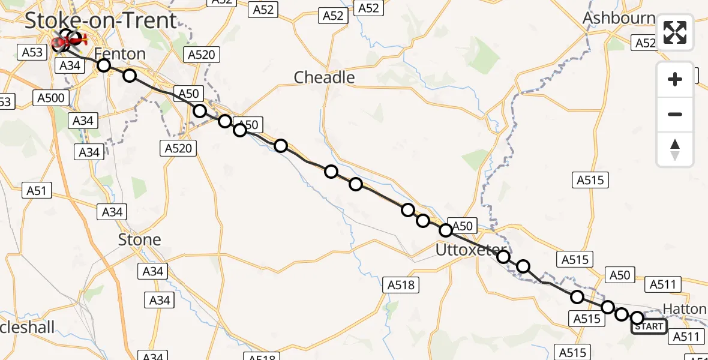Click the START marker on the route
pos(649,326)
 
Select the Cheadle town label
pos(324,77)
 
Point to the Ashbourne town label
pos(619,18)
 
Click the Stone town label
pos(139,240)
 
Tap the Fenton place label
pos(120,54)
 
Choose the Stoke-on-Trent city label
pos(101,20)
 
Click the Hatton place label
pos(686,309)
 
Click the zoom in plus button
pos(675,79)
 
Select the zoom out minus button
pos(675,114)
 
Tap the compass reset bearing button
pos(675,149)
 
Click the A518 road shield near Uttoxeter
pos(401,285)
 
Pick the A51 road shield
pos(36,191)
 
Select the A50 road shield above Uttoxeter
pos(461,226)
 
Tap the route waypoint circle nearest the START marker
pos(637,318)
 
